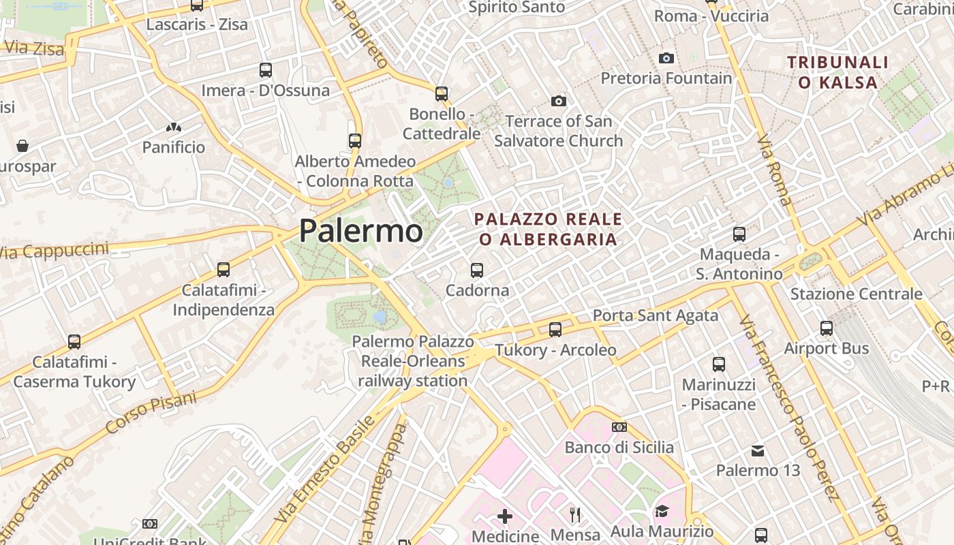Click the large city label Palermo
pos(360,231)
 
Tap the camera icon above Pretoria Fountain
pos(666,59)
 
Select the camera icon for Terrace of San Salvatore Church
pos(559,102)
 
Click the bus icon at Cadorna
pos(477,270)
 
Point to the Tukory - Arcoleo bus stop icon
pos(555,330)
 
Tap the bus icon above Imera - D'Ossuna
pos(266,70)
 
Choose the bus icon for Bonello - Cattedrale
pos(442,94)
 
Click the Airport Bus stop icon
pos(827,328)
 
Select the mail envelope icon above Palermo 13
pos(757,451)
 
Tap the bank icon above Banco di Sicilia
pos(619,427)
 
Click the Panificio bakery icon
pos(173,127)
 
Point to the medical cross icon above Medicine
pos(505,516)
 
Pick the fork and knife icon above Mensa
pos(576,515)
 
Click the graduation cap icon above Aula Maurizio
pos(662,512)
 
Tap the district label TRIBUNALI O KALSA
pos(837,73)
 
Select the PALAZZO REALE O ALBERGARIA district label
pos(548,230)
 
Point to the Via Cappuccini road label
pos(55,251)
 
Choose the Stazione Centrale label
pos(856,294)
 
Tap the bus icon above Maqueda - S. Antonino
pos(739,234)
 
